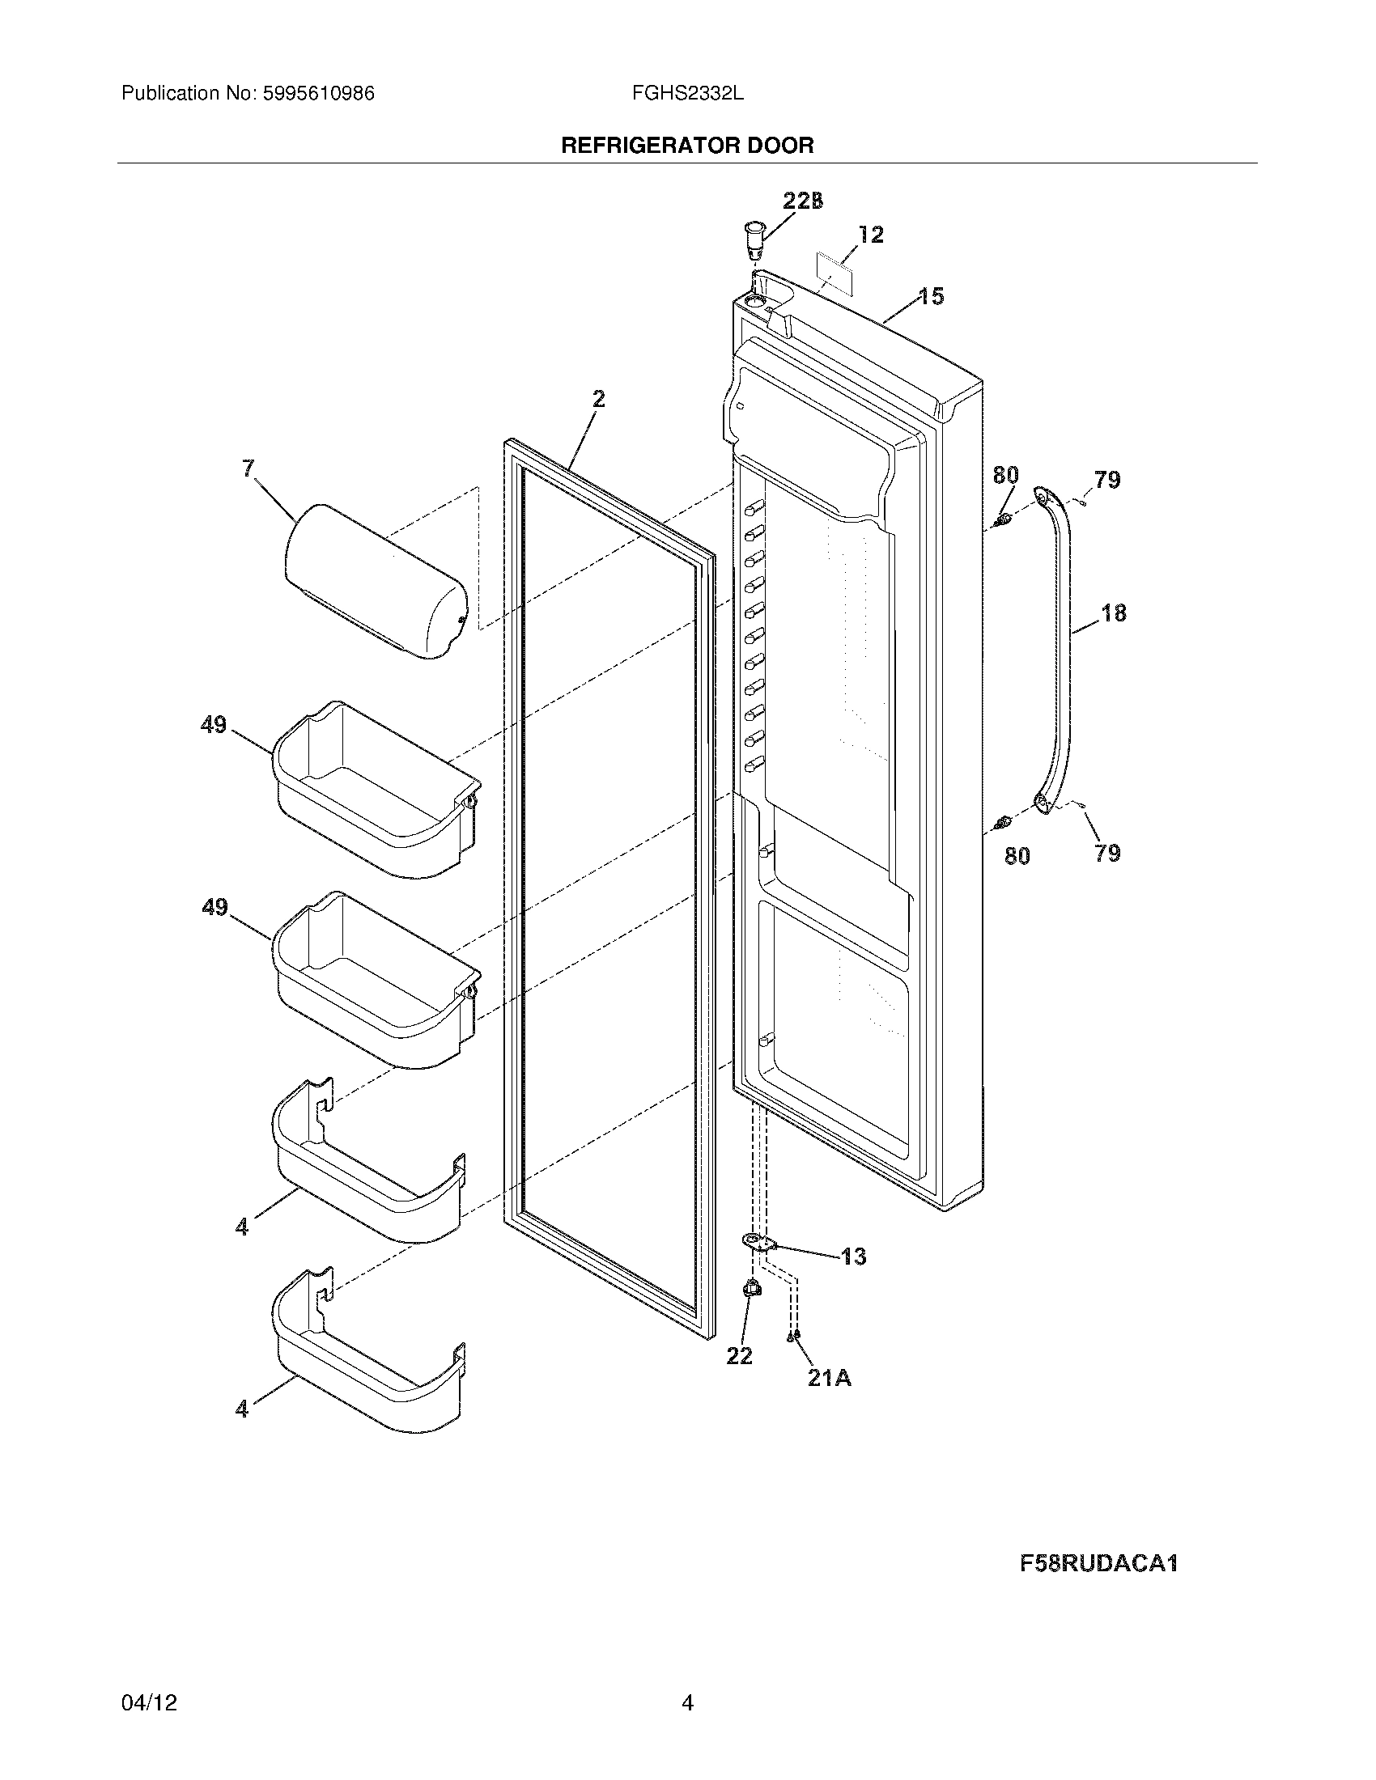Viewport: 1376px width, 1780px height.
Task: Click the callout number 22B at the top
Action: (802, 201)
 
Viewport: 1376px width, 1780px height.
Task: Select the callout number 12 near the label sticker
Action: (871, 235)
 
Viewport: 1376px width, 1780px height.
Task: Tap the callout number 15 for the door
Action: (931, 297)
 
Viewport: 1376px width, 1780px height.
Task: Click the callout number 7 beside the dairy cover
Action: (248, 468)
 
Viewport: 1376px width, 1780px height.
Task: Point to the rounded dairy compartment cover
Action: (376, 581)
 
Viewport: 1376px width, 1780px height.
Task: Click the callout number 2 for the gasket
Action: (598, 399)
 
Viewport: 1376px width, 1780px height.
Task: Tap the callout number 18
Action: (1114, 613)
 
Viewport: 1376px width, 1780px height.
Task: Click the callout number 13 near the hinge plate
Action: (852, 1256)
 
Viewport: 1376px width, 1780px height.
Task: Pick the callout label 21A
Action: (829, 1378)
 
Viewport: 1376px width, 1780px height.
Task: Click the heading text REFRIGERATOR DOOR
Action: (687, 146)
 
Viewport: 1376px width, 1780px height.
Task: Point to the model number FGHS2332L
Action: (687, 94)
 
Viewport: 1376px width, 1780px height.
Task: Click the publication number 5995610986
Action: (318, 94)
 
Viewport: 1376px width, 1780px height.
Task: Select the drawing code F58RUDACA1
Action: (1098, 1563)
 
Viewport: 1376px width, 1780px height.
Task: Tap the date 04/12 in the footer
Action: (149, 1702)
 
